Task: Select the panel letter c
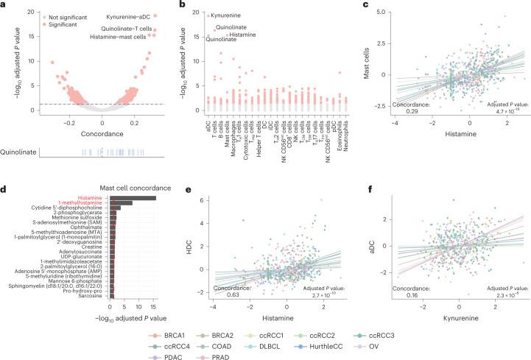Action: point(366,5)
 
